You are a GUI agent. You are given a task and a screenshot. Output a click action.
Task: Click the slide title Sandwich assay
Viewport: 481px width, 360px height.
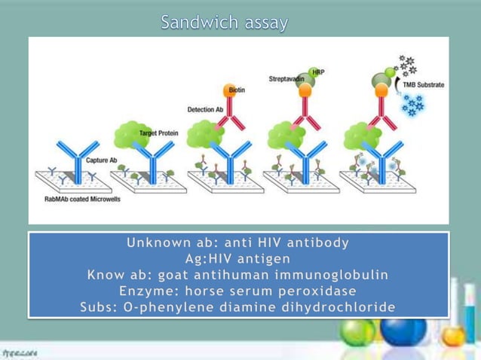[224, 23]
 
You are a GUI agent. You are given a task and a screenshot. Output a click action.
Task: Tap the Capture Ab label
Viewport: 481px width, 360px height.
[101, 160]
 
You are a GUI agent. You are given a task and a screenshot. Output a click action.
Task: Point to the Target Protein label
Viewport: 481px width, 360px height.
[159, 133]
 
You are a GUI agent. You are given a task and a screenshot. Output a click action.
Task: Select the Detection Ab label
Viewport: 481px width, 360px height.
[204, 109]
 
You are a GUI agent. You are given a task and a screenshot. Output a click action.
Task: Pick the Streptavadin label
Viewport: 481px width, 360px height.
[286, 78]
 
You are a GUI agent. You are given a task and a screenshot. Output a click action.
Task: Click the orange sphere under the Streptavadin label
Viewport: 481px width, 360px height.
[305, 90]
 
